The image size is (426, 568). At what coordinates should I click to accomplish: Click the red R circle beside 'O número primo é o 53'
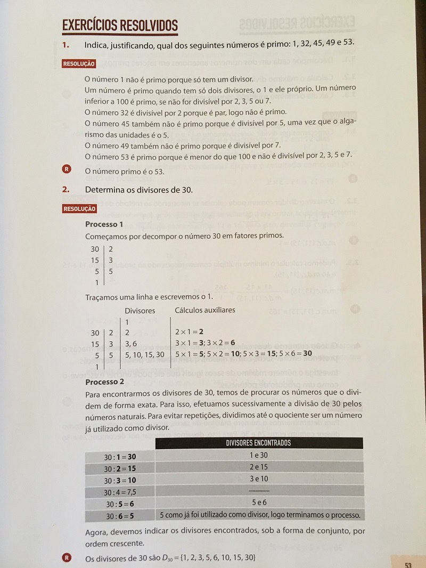pyautogui.click(x=67, y=169)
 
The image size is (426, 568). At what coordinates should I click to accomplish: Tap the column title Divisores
pyautogui.click(x=140, y=310)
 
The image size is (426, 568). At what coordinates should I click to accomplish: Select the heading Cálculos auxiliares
pyautogui.click(x=205, y=310)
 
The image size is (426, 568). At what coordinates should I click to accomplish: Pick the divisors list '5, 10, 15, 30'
pyautogui.click(x=145, y=354)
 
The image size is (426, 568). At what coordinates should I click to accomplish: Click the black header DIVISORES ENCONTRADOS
pyautogui.click(x=259, y=443)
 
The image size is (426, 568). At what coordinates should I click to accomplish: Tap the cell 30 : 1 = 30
pyautogui.click(x=120, y=457)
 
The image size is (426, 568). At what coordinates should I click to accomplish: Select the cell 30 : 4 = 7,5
pyautogui.click(x=120, y=492)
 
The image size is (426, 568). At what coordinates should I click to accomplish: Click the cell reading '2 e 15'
pyautogui.click(x=259, y=467)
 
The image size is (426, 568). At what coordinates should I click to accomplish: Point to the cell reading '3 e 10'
pyautogui.click(x=259, y=478)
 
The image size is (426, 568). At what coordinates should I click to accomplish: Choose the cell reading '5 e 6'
pyautogui.click(x=259, y=502)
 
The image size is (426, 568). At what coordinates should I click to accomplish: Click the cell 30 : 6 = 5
pyautogui.click(x=120, y=515)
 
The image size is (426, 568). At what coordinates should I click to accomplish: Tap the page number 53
pyautogui.click(x=408, y=564)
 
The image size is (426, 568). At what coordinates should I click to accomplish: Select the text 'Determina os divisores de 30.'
pyautogui.click(x=139, y=189)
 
